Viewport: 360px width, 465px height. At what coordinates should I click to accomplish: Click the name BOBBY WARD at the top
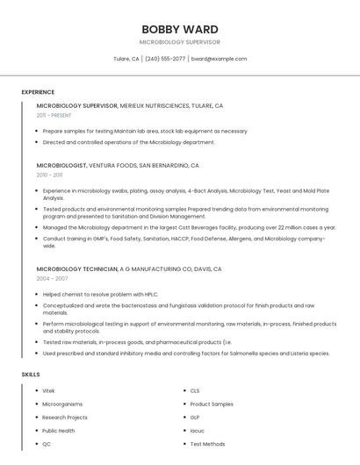pos(180,29)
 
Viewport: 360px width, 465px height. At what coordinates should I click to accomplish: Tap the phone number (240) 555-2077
pos(165,59)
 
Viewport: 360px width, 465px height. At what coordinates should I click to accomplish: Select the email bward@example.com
pos(219,59)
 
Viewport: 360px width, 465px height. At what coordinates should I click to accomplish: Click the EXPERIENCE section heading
pos(38,92)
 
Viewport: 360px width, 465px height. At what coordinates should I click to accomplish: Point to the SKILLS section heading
pos(31,375)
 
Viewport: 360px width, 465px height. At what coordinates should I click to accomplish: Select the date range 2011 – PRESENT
pos(54,115)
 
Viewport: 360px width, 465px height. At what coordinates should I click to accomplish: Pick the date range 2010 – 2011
pos(49,175)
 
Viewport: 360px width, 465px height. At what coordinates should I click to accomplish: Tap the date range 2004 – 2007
pos(52,278)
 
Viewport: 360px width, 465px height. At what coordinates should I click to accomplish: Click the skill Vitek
pos(48,390)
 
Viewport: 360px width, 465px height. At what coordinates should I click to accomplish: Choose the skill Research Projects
pos(65,418)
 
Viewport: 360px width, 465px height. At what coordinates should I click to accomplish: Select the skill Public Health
pos(59,431)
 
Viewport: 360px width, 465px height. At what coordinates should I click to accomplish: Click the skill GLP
pos(195,418)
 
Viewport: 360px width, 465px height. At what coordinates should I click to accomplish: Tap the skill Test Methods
pos(207,444)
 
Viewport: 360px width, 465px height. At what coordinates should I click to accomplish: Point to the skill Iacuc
pos(197,431)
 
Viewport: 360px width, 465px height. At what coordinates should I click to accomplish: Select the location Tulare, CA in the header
pos(126,59)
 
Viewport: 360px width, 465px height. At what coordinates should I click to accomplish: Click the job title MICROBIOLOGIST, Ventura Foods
pos(61,165)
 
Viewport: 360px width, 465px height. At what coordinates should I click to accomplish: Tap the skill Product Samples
pos(212,404)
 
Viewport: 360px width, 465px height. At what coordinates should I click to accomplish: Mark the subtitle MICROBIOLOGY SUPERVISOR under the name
pos(180,42)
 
